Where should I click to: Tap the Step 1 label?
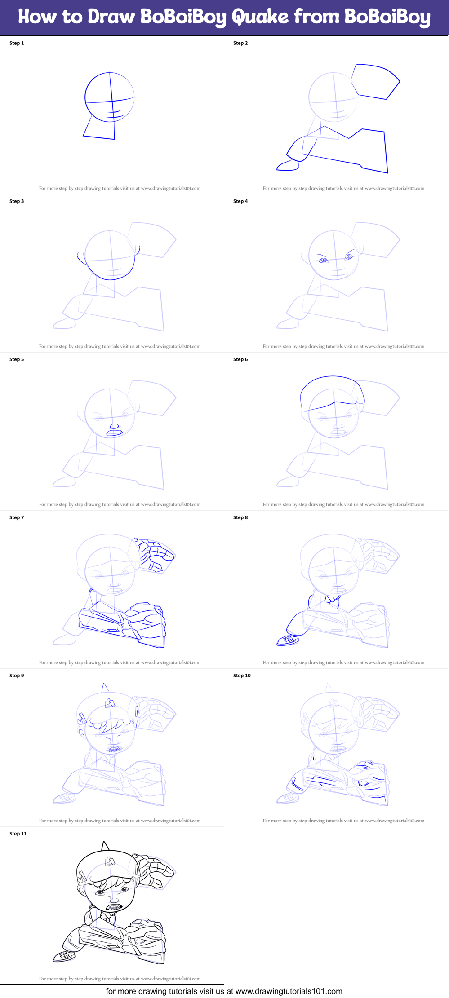pyautogui.click(x=17, y=43)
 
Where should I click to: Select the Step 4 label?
pyautogui.click(x=240, y=201)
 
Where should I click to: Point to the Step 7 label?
pyautogui.click(x=17, y=517)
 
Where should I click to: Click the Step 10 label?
pyautogui.click(x=242, y=676)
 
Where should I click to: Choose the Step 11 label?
pyautogui.click(x=18, y=834)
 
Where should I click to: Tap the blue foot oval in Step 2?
pyautogui.click(x=288, y=166)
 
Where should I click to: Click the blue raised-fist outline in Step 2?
pyautogui.click(x=375, y=81)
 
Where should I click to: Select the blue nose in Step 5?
pyautogui.click(x=114, y=426)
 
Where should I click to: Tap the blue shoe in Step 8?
pyautogui.click(x=288, y=640)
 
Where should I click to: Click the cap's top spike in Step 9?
pyautogui.click(x=105, y=688)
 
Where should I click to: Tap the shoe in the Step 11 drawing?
pyautogui.click(x=64, y=956)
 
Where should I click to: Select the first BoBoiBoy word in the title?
pyautogui.click(x=183, y=17)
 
